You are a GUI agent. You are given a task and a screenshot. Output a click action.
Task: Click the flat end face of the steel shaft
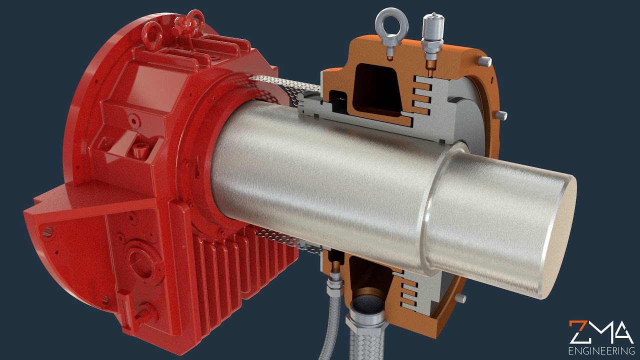coord(559,236)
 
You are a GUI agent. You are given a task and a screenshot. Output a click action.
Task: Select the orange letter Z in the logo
coord(578,332)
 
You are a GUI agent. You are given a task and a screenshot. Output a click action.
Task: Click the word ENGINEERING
coord(601,351)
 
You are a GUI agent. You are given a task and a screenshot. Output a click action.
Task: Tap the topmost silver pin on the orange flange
coord(485,61)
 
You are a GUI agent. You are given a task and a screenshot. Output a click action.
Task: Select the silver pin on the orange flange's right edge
coord(501,115)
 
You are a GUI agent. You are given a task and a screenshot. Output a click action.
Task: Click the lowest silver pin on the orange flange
coord(460,298)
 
